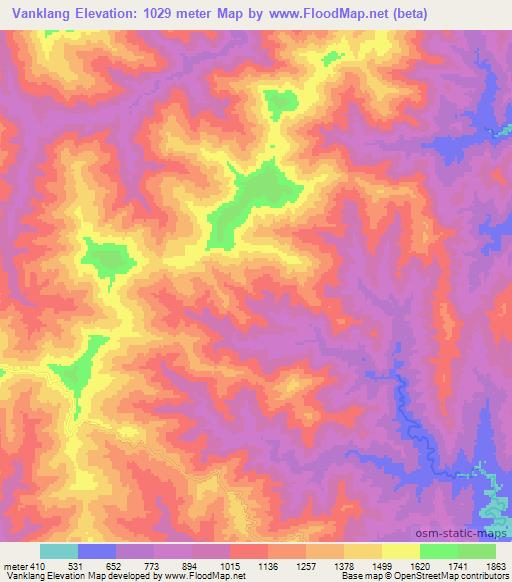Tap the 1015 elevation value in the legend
pyautogui.click(x=230, y=565)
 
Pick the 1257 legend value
pyautogui.click(x=306, y=565)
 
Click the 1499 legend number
pyautogui.click(x=382, y=565)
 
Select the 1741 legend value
pyautogui.click(x=458, y=565)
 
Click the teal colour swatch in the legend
pyautogui.click(x=59, y=551)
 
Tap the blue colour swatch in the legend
pyautogui.click(x=97, y=551)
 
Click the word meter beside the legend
pyautogui.click(x=15, y=565)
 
